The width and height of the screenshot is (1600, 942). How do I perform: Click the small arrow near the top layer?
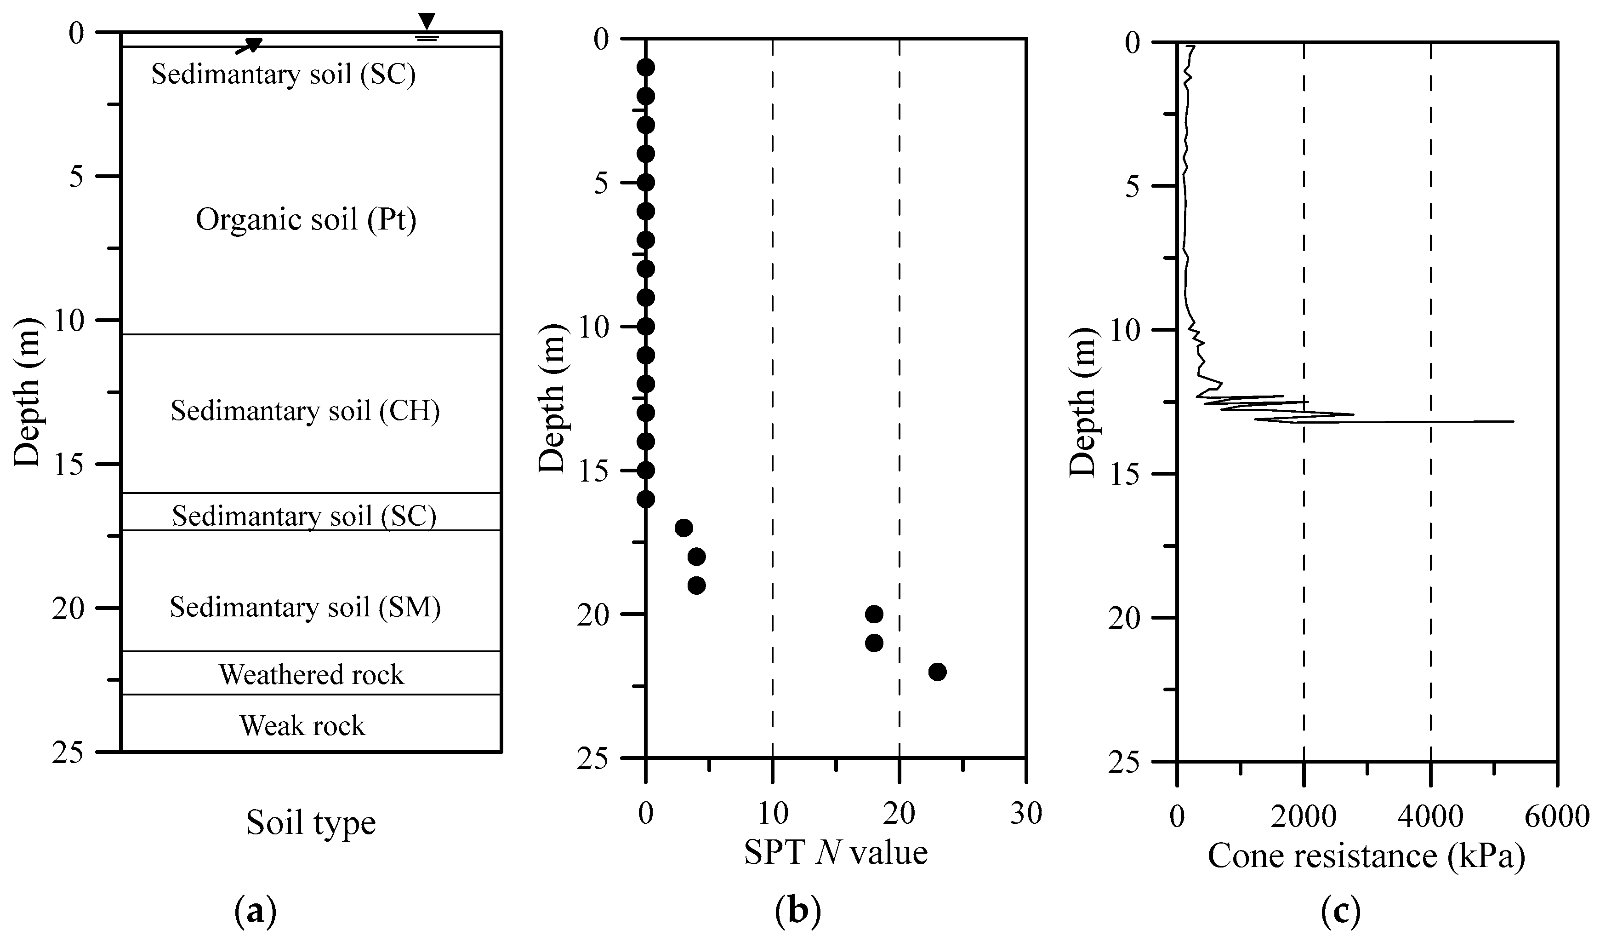tap(249, 45)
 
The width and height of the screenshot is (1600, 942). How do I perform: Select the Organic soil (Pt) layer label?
tap(306, 220)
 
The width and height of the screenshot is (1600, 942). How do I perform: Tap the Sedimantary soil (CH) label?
tap(305, 411)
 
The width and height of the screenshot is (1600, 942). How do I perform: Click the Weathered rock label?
tap(311, 675)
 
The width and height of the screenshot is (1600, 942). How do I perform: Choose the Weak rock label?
tap(302, 726)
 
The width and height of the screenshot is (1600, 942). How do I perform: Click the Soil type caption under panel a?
tap(311, 823)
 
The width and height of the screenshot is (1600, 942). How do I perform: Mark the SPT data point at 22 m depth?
tap(937, 672)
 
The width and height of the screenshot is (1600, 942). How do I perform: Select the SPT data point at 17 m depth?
tap(684, 528)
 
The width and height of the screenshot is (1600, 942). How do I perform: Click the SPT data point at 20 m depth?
tap(874, 614)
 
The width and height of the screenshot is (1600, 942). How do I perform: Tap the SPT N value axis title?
tap(836, 852)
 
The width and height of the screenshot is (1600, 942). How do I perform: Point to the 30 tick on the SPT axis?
tap(1026, 814)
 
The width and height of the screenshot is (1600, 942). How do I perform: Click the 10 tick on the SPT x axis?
tap(773, 814)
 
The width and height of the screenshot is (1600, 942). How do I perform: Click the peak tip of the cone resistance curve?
tap(1513, 421)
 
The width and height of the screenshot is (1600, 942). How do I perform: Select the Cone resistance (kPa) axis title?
tap(1367, 856)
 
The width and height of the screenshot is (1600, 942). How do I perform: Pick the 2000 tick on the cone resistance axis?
tap(1304, 816)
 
